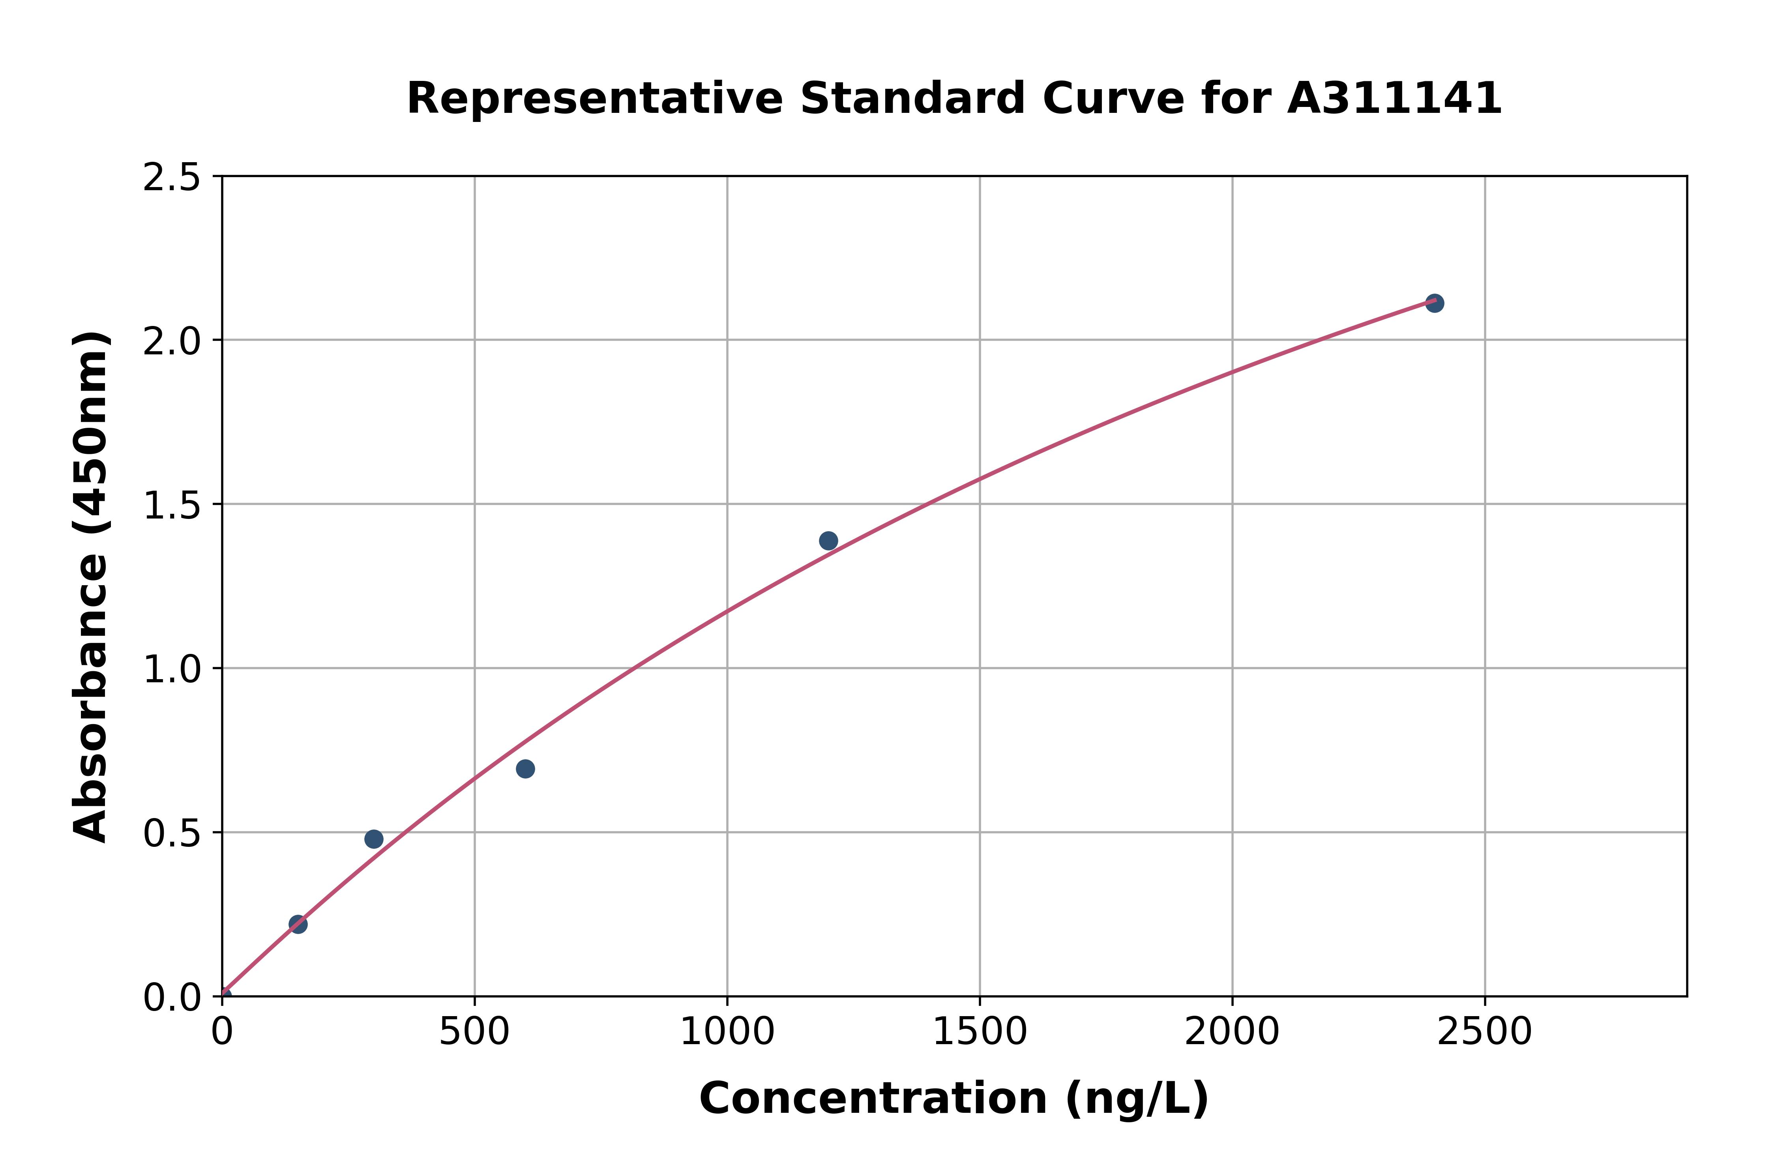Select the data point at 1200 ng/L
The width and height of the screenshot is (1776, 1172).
[x=828, y=540]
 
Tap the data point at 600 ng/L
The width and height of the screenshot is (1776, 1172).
[x=525, y=768]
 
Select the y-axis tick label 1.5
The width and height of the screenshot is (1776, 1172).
[x=172, y=505]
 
